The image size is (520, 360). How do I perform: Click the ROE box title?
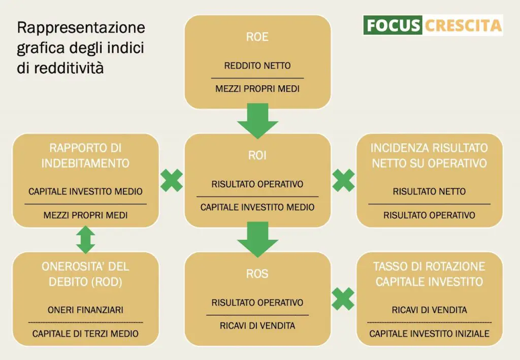257,37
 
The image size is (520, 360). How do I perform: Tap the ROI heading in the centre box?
257,155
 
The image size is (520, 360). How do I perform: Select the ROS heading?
257,274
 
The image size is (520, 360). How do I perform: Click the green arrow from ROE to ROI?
257,121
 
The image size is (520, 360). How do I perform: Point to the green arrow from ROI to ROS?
257,239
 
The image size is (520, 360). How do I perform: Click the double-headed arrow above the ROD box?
85,240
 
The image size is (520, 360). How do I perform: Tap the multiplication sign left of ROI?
172,180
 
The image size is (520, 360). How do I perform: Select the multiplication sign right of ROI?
343,180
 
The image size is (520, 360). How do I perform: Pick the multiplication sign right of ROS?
343,299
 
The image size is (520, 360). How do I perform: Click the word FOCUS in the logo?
394,25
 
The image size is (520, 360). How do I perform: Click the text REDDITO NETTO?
257,66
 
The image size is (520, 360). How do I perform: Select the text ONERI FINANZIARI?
85,310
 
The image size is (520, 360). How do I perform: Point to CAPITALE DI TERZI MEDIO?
85,334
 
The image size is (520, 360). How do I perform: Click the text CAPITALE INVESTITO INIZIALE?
430,334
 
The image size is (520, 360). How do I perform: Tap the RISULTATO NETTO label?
430,191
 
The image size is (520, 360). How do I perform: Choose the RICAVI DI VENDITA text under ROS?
257,326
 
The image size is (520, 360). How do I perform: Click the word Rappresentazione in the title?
81,27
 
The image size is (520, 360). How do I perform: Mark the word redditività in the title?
69,68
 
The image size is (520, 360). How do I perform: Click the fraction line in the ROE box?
257,78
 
